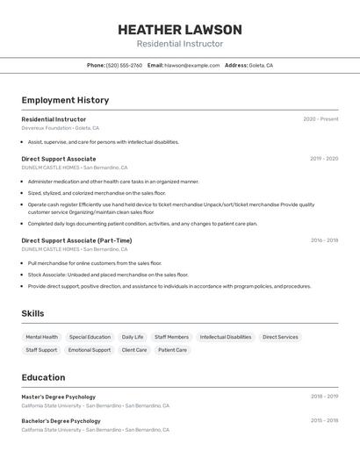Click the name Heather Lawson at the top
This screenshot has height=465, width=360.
180,30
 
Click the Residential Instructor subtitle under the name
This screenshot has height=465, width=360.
180,44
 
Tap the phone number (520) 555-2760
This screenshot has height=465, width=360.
124,65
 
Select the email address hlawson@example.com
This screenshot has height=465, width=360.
192,65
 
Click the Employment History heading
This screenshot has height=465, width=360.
65,100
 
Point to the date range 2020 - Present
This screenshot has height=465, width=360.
320,119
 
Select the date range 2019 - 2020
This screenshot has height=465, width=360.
324,159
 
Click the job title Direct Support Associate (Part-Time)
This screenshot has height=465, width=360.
76,240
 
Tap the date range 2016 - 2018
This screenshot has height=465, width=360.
324,240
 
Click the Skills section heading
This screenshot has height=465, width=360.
32,313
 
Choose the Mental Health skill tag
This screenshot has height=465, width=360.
42,337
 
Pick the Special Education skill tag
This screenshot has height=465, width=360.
90,337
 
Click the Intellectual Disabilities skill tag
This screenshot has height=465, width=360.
226,337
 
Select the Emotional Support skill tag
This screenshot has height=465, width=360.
90,350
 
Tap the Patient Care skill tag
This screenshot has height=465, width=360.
172,350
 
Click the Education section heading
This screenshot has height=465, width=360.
43,377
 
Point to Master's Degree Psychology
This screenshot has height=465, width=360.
58,397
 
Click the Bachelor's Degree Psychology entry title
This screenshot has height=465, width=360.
61,421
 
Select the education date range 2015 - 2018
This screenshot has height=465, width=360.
324,421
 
